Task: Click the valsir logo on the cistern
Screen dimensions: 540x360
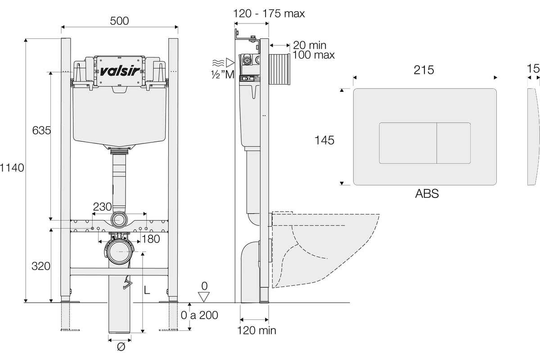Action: [x=120, y=71]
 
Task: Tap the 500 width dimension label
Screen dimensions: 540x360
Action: [x=119, y=21]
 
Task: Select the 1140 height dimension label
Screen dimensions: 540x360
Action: [x=12, y=167]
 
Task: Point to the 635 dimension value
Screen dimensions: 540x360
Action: [x=41, y=130]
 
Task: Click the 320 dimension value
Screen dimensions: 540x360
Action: [x=41, y=266]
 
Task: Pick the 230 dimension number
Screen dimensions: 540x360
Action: [x=103, y=207]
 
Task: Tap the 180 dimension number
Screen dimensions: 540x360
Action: [x=151, y=239]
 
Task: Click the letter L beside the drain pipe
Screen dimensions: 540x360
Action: [x=147, y=290]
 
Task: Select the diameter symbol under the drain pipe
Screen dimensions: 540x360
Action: [x=121, y=347]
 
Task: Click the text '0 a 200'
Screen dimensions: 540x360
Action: [x=199, y=315]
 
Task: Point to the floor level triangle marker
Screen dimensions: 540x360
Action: [x=204, y=297]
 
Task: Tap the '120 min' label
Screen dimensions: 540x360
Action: [x=257, y=330]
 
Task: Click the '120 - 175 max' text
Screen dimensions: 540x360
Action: [x=269, y=13]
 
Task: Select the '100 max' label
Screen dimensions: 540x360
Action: [x=314, y=55]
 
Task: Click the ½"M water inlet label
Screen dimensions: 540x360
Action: [x=223, y=75]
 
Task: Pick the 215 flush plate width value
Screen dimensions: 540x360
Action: [x=424, y=70]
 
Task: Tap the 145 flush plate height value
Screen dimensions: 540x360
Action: [x=324, y=140]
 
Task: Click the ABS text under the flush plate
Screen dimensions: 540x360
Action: [x=427, y=193]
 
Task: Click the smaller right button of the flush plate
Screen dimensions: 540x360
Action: [x=454, y=143]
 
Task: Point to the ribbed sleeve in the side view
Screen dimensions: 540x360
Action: [x=279, y=69]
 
